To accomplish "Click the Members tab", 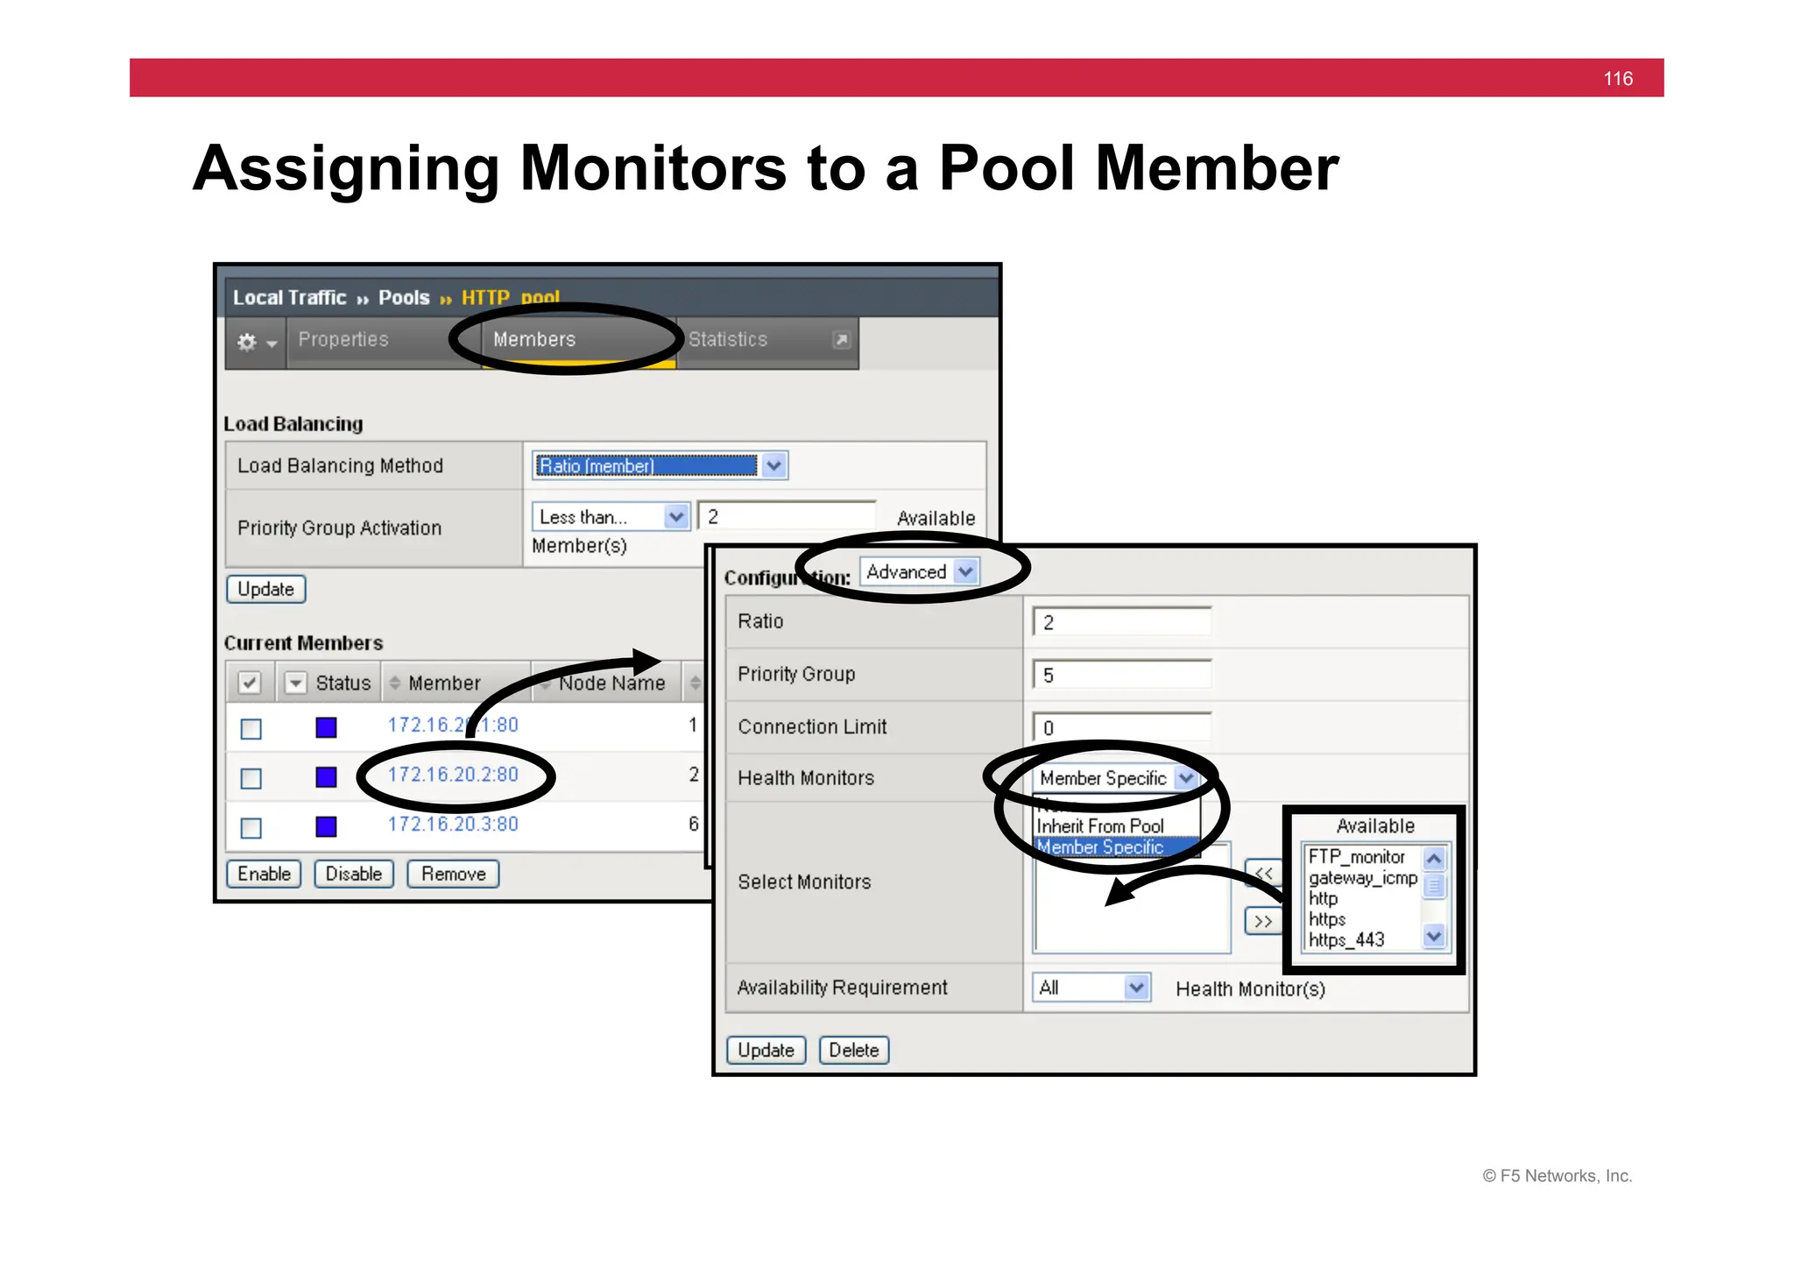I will (x=534, y=340).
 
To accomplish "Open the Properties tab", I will (x=343, y=340).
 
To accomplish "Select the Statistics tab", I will (x=728, y=340).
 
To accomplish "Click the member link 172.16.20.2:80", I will (x=453, y=775).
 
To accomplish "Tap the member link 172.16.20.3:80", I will (x=453, y=825).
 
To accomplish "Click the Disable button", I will (x=354, y=874).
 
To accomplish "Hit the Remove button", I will (x=453, y=874).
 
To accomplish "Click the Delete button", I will (x=854, y=1050).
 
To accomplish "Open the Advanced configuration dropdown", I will (x=919, y=572).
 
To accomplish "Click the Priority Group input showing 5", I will (x=1121, y=675).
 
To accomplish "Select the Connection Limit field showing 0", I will (x=1121, y=727).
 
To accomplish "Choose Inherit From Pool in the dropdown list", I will (x=1100, y=826).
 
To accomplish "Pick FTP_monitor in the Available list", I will (x=1357, y=857).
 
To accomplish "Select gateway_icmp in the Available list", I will (x=1362, y=878).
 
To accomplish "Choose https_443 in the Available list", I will (x=1346, y=940).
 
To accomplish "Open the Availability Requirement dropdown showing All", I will (x=1091, y=988).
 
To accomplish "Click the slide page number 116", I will (x=1618, y=79).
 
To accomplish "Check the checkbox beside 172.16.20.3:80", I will (x=251, y=828).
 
